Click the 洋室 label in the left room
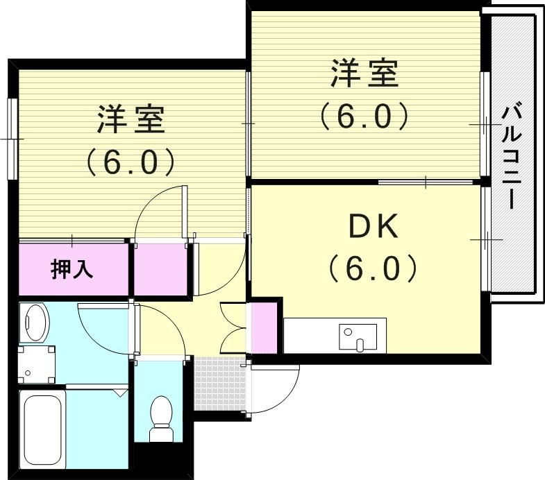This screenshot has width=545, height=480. [x=130, y=120]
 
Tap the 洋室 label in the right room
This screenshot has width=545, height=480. [x=364, y=75]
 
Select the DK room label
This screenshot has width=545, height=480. [x=373, y=227]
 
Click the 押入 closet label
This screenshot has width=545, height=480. [x=72, y=268]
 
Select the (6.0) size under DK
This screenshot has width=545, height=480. [x=373, y=267]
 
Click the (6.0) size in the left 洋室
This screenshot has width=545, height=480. [x=130, y=162]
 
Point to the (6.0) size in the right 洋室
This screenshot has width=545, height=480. [x=364, y=117]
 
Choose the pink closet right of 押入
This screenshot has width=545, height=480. [x=160, y=268]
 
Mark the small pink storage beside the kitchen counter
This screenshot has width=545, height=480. [x=263, y=327]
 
